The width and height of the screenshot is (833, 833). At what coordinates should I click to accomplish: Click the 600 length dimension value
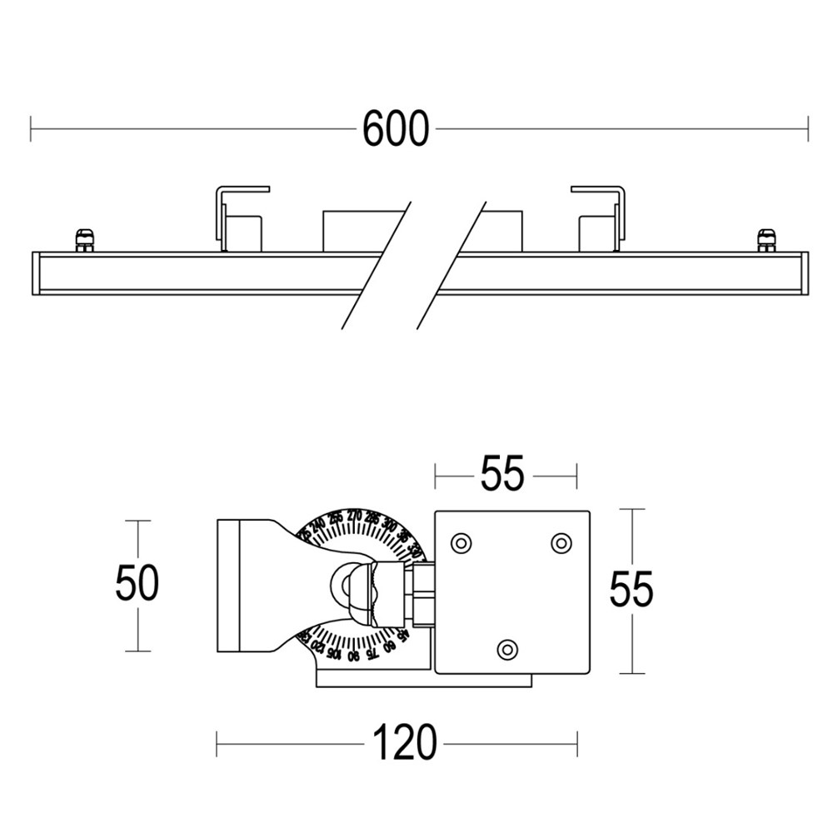point(396,130)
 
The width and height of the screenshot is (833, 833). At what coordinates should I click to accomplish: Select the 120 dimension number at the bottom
point(404,742)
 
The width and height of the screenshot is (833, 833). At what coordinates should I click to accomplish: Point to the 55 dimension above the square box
point(502,475)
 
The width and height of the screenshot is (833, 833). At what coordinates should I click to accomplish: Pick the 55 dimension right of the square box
point(631,590)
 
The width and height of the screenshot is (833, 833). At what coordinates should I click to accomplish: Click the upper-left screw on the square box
point(459,543)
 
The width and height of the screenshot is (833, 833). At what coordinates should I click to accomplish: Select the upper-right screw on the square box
point(561,543)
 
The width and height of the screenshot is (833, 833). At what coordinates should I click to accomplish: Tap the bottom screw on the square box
point(506,648)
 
